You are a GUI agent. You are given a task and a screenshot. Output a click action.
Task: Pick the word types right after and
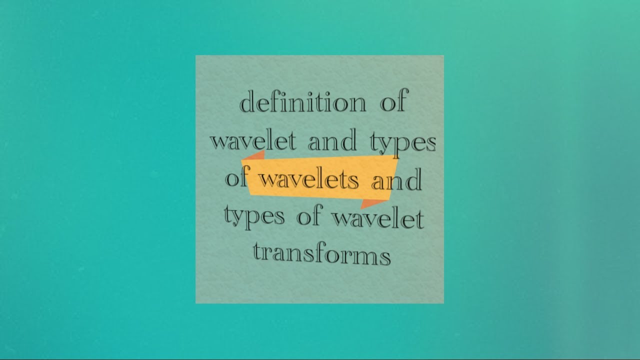click(x=403, y=143)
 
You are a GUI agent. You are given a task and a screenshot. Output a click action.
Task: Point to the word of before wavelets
click(x=236, y=178)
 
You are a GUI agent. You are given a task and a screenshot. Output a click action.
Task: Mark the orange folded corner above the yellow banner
click(x=253, y=155)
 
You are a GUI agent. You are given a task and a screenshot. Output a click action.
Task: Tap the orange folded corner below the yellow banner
click(x=373, y=203)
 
